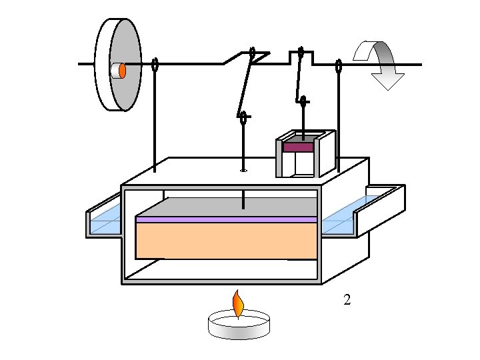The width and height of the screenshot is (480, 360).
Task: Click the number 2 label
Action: pos(347,300)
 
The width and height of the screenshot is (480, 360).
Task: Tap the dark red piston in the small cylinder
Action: pos(298,147)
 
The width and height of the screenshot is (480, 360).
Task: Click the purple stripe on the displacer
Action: pos(226,219)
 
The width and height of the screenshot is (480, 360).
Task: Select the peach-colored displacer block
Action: pos(226,240)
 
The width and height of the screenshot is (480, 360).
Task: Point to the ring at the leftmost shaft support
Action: pos(155,65)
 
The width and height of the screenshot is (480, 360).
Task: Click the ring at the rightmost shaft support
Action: pos(339,66)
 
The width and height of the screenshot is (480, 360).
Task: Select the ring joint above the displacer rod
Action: pos(243,118)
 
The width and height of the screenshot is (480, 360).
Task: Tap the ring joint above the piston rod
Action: pos(303,102)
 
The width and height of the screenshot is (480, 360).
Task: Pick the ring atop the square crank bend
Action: pos(301,51)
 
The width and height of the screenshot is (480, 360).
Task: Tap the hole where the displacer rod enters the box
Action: pos(244,170)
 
